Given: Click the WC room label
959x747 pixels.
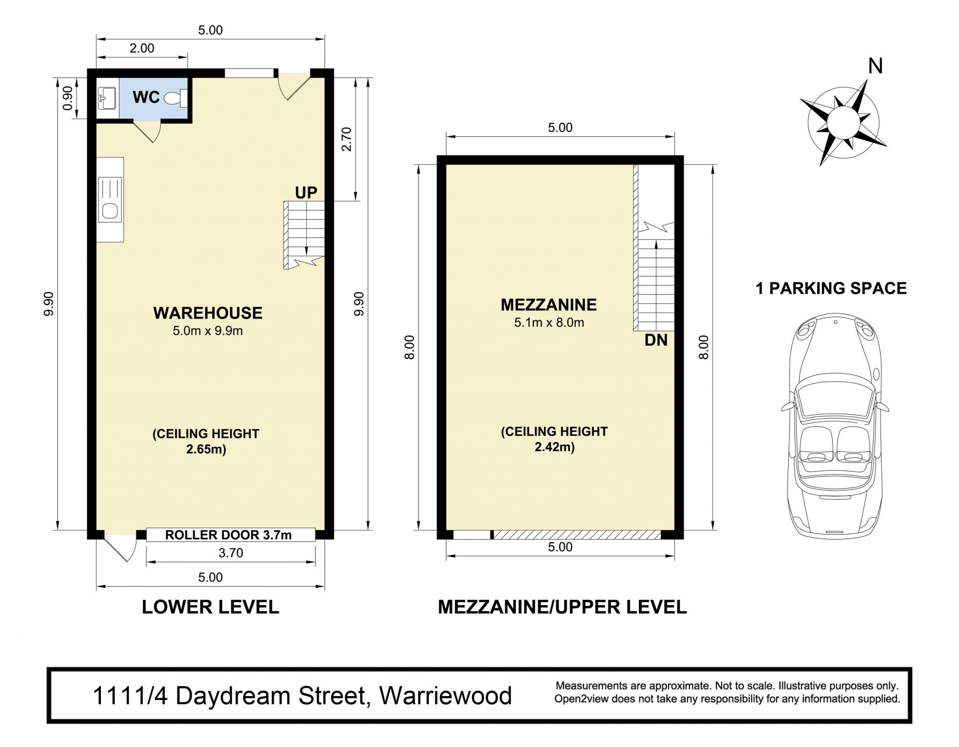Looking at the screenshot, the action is point(146,97).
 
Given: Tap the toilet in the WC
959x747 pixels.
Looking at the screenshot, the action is point(175,98).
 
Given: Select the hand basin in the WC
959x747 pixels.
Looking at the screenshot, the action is point(107,98).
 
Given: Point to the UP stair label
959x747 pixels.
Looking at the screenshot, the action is point(306,192).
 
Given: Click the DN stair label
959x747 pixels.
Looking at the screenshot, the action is point(656,340).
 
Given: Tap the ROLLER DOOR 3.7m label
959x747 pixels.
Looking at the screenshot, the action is point(228,535).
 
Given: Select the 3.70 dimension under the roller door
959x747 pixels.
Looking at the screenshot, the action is point(231,553).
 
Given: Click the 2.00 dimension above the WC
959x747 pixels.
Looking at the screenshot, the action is point(142,48).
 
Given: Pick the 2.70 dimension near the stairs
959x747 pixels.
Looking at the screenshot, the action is point(346,139).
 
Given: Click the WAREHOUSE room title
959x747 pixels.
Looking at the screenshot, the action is point(208,313).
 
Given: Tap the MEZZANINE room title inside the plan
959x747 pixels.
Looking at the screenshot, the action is point(548,304).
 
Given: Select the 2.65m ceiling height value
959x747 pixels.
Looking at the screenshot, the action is point(206,449).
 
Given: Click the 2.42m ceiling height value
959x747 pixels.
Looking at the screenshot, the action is point(554,447).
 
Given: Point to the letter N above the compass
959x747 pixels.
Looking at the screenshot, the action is point(876,66).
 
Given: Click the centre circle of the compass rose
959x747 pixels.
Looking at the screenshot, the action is point(843,122).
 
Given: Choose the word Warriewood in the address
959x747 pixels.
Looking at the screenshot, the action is point(446,696).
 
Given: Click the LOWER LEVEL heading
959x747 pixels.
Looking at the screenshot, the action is point(210,607).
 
